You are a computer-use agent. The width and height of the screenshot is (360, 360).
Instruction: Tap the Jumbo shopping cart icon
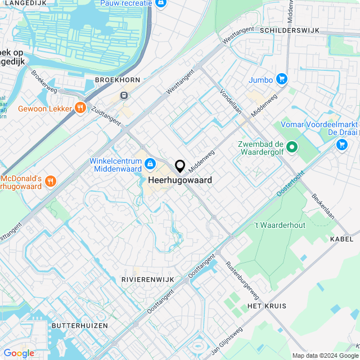(282, 79)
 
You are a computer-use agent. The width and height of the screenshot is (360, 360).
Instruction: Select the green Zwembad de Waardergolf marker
(291, 148)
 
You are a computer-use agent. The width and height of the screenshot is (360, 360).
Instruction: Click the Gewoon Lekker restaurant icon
(80, 108)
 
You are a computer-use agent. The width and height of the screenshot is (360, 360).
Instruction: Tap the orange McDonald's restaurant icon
(51, 181)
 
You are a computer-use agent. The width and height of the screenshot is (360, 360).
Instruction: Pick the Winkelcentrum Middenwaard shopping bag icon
(150, 164)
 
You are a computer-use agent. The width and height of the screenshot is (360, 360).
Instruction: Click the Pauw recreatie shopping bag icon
(161, 3)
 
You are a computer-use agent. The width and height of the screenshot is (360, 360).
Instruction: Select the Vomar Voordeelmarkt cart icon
(341, 145)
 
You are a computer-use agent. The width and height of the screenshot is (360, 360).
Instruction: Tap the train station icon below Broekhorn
(124, 95)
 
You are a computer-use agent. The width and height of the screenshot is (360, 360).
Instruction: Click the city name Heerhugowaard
(180, 181)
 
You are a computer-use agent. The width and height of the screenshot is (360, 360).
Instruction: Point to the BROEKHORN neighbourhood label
(117, 80)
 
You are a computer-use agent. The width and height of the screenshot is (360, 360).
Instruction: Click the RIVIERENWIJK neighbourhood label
(144, 279)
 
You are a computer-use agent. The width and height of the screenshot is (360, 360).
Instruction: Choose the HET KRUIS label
(267, 306)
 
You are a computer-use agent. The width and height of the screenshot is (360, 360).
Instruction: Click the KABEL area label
(342, 239)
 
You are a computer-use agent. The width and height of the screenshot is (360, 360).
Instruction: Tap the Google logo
(19, 353)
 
